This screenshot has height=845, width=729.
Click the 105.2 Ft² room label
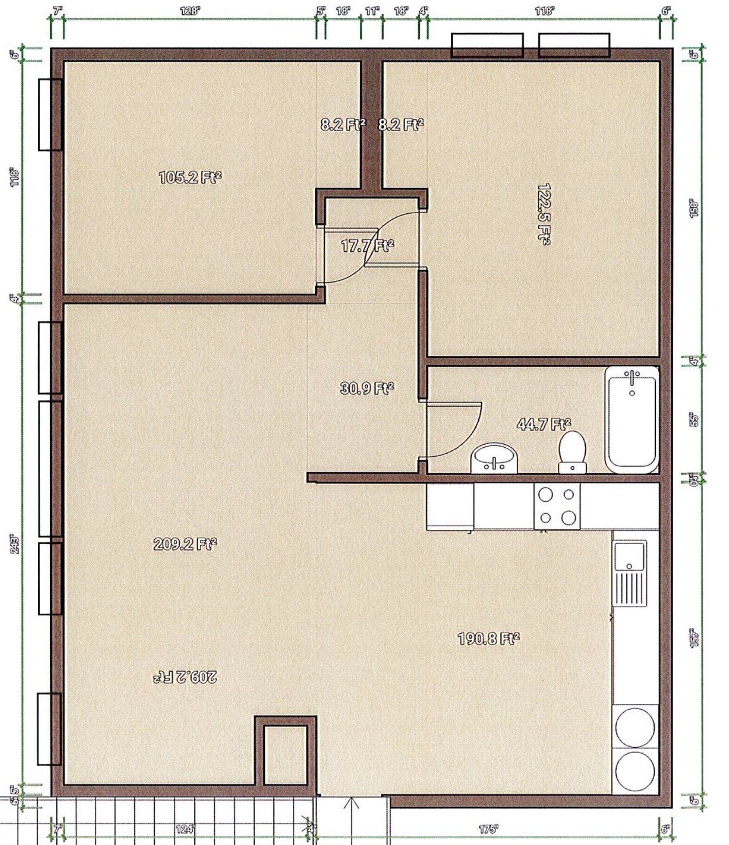[x=190, y=177]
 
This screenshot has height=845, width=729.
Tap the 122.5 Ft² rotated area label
[x=544, y=214]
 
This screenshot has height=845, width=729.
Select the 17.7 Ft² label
[x=367, y=245]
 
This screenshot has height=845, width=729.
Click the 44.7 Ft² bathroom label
[x=544, y=424]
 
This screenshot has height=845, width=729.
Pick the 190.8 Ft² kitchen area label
[x=488, y=639]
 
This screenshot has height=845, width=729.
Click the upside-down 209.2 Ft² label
[x=185, y=677]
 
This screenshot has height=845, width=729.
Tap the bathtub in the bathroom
[x=632, y=419]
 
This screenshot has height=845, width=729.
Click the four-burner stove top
[x=557, y=506]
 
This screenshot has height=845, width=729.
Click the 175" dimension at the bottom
[x=488, y=829]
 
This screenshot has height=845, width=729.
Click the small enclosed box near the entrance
[x=285, y=755]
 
